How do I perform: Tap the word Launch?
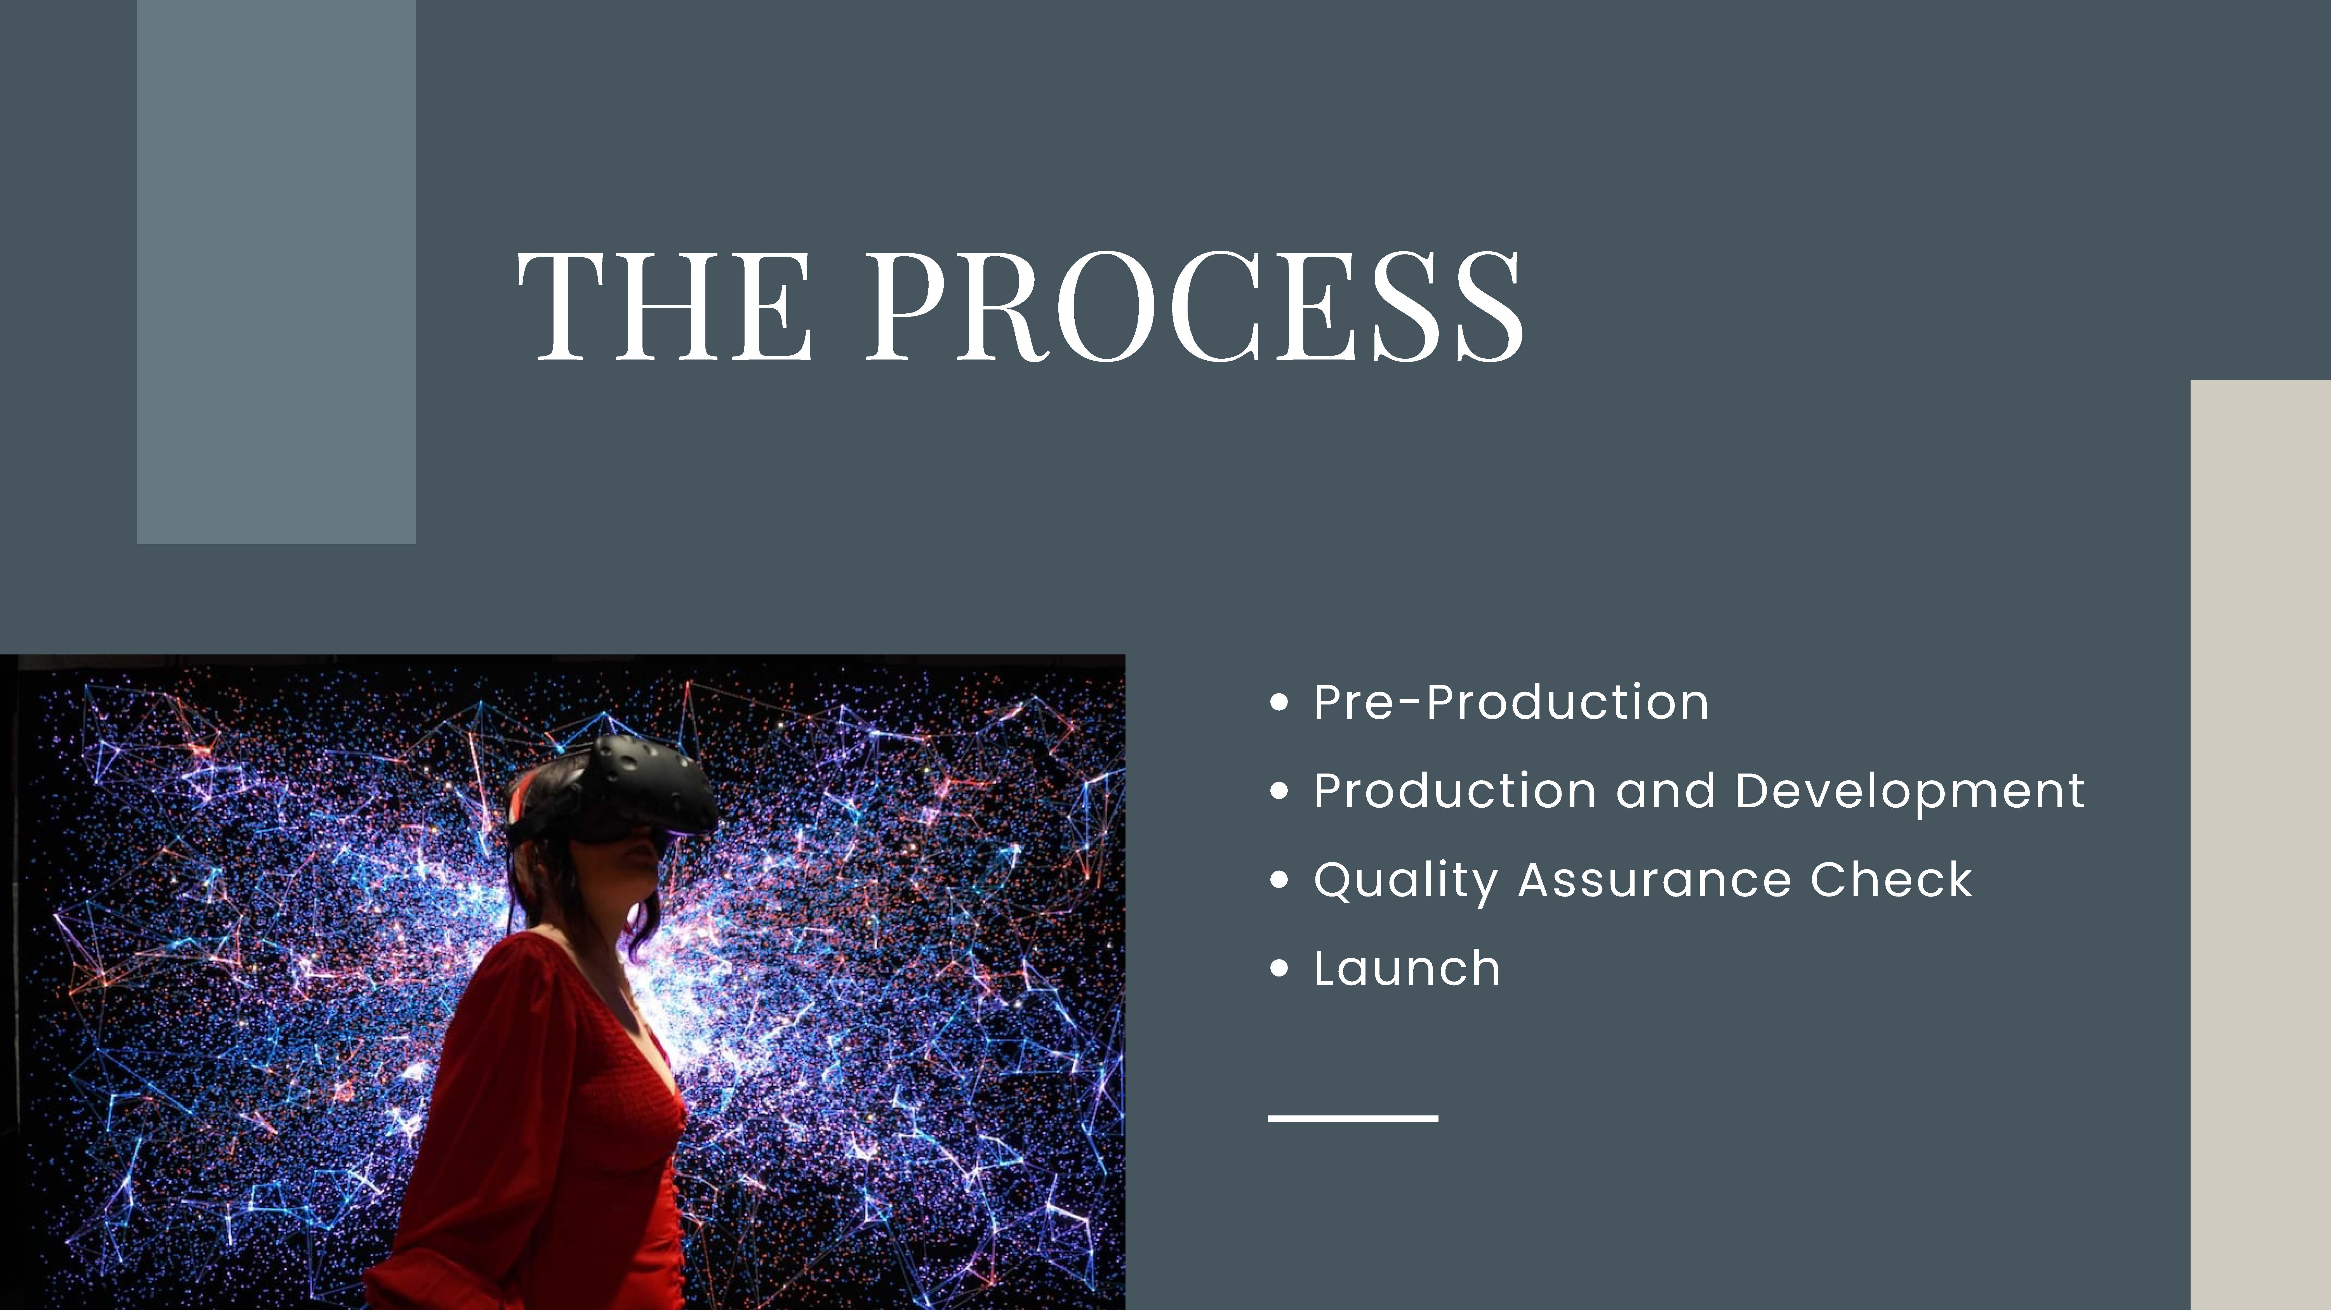(x=1407, y=968)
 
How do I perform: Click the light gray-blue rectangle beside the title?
(x=276, y=271)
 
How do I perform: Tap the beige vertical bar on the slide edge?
(x=2261, y=845)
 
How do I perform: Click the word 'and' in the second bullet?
(x=1665, y=791)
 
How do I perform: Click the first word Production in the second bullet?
(x=1455, y=791)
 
